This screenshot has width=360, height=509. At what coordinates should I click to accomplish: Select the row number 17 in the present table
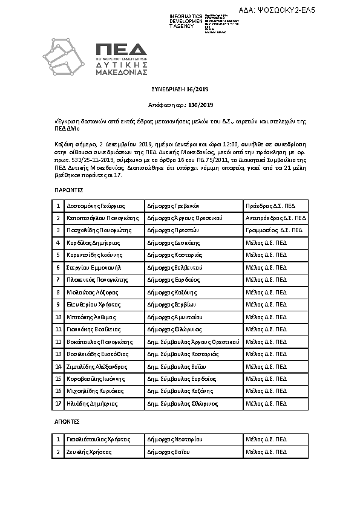point(58,403)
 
